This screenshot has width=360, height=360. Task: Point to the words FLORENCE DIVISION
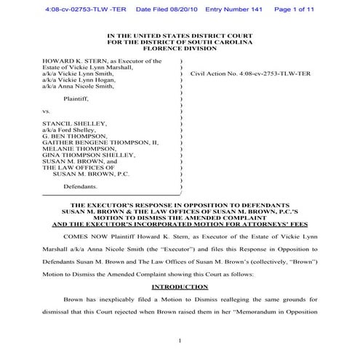coord(180,49)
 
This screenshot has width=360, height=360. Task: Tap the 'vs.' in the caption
coord(47,111)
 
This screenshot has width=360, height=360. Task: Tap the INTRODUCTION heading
coord(179,287)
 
